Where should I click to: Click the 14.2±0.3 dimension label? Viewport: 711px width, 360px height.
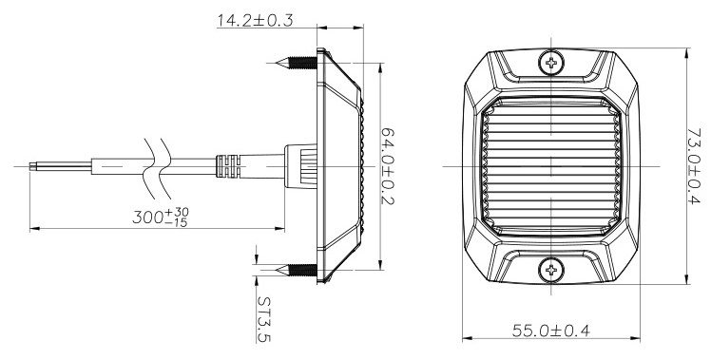255,20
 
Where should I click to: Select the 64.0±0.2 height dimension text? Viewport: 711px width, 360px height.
388,166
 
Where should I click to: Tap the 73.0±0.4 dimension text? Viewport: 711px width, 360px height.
694,166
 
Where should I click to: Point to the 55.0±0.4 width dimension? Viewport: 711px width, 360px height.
551,331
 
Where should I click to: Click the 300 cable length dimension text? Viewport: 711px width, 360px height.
161,218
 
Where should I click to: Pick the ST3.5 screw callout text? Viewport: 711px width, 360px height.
264,319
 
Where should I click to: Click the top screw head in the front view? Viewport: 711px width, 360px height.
551,63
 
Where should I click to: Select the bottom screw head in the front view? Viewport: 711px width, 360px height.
551,270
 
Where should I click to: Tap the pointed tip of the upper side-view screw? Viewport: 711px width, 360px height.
277,63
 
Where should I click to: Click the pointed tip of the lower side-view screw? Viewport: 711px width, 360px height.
277,270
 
